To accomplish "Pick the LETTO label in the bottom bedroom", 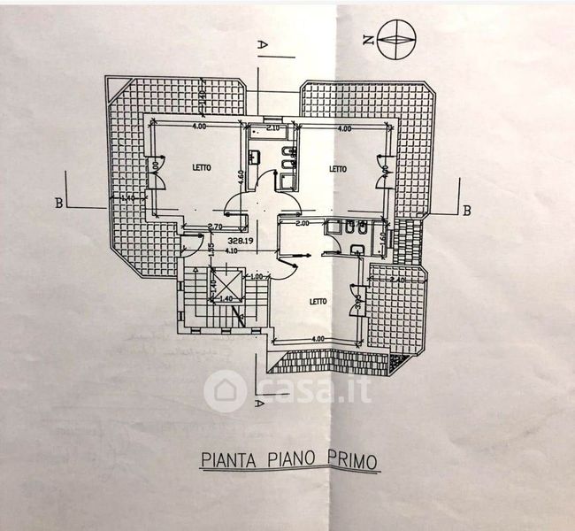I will [x=318, y=301].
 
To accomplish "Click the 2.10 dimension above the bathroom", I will [x=272, y=129].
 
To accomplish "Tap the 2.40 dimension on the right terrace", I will [x=395, y=281].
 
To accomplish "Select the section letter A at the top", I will [x=261, y=42].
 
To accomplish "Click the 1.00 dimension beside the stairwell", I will [x=257, y=277].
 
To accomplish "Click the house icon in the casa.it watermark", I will [x=225, y=390].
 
